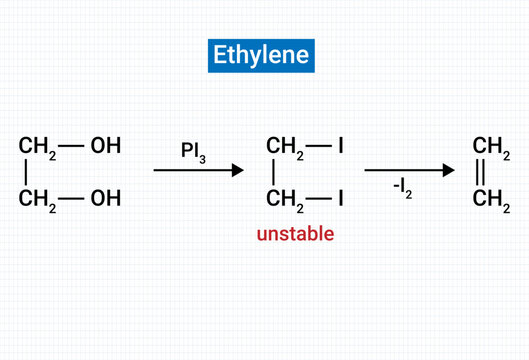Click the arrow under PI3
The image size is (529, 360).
(198, 171)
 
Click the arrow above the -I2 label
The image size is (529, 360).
(403, 170)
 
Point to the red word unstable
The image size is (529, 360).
(295, 234)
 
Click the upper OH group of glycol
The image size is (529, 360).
(105, 146)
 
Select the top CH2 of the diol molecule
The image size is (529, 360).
(37, 147)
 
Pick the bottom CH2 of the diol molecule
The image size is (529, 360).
(37, 199)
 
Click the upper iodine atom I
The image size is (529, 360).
(341, 147)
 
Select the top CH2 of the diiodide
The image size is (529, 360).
(286, 147)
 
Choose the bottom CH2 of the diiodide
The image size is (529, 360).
(286, 199)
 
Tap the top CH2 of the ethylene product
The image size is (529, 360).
(492, 147)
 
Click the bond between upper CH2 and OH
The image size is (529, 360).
(71, 146)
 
